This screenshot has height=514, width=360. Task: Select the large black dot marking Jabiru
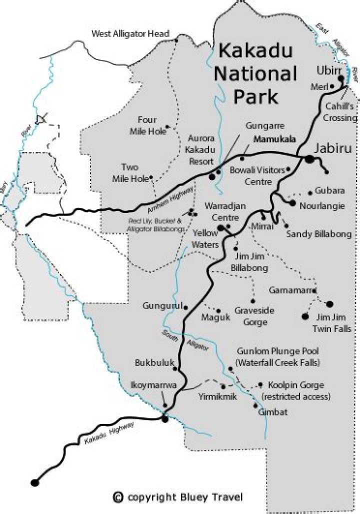(310, 159)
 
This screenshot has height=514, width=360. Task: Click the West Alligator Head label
(131, 34)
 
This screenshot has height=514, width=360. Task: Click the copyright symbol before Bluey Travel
(118, 496)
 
